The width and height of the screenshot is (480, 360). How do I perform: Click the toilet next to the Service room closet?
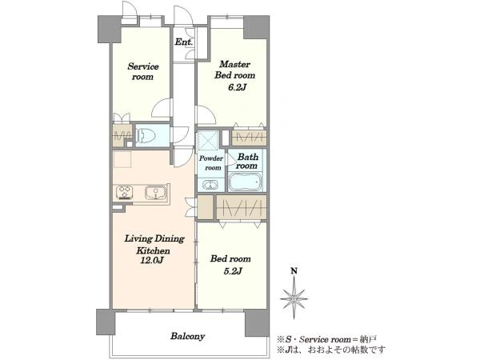coord(146,135)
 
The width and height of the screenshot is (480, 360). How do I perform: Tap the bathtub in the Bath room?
coord(246,182)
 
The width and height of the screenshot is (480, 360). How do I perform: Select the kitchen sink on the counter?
coord(155,193)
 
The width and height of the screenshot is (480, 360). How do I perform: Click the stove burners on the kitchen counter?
coord(125,193)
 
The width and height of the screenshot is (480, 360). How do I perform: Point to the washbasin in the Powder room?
coord(210,185)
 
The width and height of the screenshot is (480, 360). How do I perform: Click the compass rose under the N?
coord(294,298)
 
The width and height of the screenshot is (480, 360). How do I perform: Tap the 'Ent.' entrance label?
coord(184,42)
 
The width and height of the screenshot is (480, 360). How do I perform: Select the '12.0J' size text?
coord(152,261)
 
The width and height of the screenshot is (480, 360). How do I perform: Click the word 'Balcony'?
coord(188,337)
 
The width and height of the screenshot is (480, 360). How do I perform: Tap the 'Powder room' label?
coord(211,163)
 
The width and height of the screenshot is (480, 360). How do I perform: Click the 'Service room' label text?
coord(143,71)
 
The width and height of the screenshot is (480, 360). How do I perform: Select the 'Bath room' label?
coord(247,162)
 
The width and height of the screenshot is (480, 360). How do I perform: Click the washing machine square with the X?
coord(207,140)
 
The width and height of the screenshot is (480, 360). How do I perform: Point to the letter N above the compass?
coord(294,270)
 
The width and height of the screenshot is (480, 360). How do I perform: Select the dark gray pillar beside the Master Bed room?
coord(256,27)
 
